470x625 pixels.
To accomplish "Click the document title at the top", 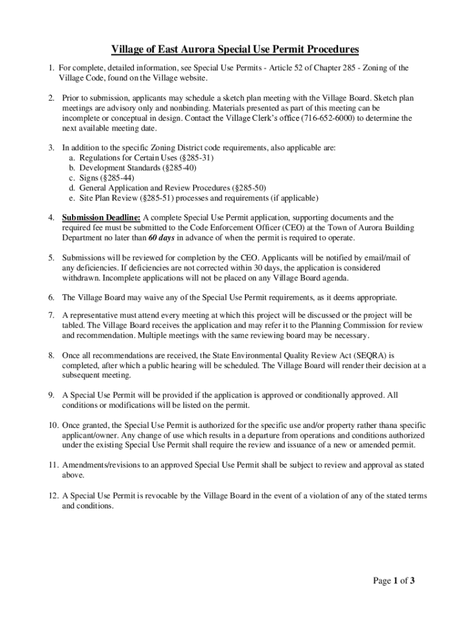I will (x=234, y=49).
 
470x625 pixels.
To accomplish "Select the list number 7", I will (x=53, y=315).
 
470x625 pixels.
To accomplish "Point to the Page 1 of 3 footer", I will (x=394, y=580).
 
